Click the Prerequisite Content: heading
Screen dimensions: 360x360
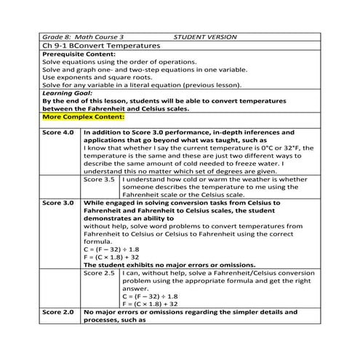[x=76, y=55]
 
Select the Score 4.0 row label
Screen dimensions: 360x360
[x=58, y=132]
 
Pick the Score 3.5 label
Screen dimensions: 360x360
[x=100, y=178]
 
